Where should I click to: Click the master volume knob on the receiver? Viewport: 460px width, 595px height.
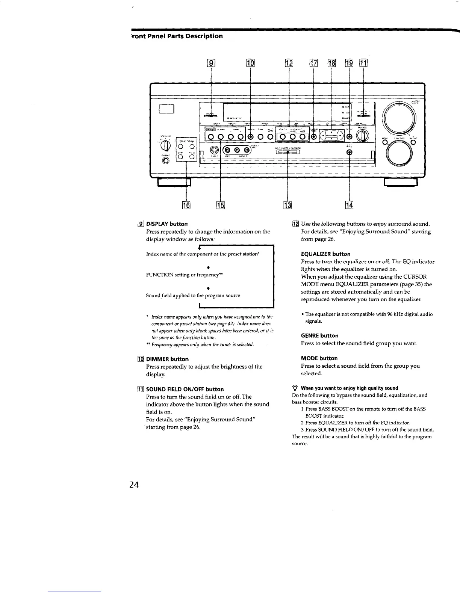coord(398,117)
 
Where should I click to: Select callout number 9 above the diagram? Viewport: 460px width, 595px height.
coord(212,63)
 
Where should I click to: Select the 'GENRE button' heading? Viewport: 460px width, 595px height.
coord(319,335)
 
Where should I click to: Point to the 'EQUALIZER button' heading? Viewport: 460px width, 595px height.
coord(325,254)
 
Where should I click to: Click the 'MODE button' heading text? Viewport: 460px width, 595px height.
coord(319,358)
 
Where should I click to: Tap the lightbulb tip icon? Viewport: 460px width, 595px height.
coord(295,388)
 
